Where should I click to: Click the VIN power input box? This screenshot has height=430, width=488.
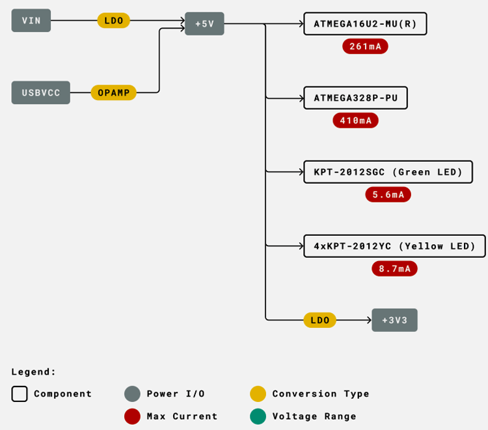(x=31, y=21)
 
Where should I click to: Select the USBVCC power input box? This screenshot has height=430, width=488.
(x=40, y=93)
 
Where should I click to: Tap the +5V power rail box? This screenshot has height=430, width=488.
(x=204, y=24)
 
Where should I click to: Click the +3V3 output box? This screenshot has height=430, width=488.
(x=394, y=320)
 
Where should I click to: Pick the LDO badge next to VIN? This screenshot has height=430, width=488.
(x=114, y=21)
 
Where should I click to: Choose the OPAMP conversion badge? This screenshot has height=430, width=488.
(x=113, y=93)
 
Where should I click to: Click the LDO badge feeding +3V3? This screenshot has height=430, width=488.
(x=319, y=320)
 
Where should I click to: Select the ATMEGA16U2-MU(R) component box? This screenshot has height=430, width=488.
(x=365, y=24)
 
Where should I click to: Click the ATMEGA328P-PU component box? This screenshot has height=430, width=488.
(x=355, y=98)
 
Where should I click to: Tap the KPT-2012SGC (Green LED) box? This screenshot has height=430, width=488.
(x=388, y=172)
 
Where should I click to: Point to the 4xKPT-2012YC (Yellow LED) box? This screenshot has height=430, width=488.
(x=394, y=246)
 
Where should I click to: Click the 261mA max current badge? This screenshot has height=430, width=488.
(x=365, y=46)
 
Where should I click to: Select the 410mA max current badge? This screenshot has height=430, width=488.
(x=355, y=120)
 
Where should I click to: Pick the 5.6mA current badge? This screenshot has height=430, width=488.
(x=388, y=194)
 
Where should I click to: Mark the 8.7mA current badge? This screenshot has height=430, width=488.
(x=394, y=268)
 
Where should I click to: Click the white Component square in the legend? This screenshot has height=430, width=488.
(x=20, y=394)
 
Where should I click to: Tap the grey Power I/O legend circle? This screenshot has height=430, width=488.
(x=132, y=394)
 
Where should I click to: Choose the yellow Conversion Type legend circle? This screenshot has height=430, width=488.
(x=258, y=394)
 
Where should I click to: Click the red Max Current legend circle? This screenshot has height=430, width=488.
(x=132, y=416)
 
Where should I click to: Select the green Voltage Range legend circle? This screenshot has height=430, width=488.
(x=258, y=416)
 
